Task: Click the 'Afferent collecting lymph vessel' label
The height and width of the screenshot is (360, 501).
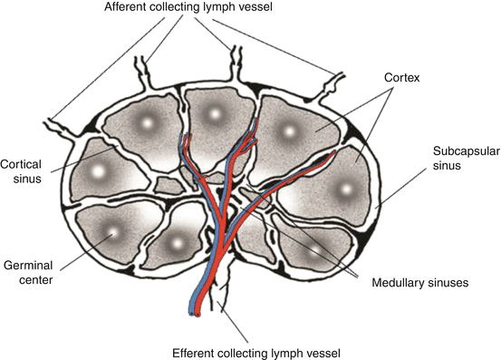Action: point(253,9)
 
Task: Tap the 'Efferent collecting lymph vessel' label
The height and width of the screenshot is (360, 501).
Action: point(251,350)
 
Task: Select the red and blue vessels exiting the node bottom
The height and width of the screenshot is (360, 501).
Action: point(197,299)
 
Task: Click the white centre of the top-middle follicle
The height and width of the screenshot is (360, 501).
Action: point(215,113)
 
